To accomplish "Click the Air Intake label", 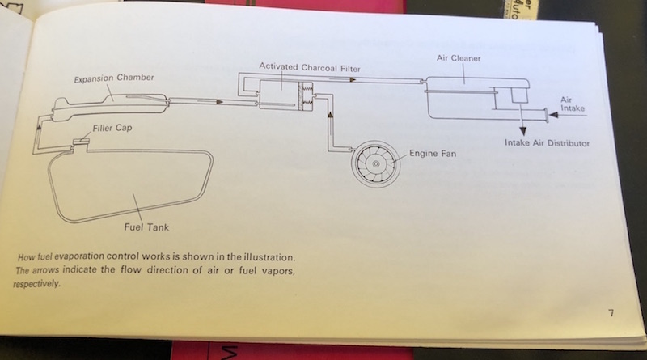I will coord(571,103).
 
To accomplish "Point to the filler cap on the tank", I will coord(80,143).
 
